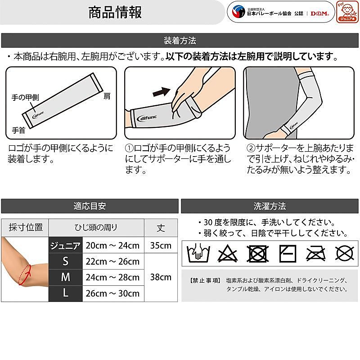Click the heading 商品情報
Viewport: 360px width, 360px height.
pyautogui.click(x=115, y=12)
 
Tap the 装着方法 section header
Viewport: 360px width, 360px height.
pyautogui.click(x=180, y=40)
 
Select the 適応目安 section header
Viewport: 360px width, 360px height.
pyautogui.click(x=90, y=206)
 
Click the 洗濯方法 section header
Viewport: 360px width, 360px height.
pyautogui.click(x=270, y=206)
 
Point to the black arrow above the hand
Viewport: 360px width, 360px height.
pyautogui.click(x=162, y=91)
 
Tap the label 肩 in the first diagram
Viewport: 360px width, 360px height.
pyautogui.click(x=107, y=96)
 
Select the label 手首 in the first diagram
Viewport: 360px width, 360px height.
pyautogui.click(x=18, y=130)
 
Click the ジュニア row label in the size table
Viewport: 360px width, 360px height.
pyautogui.click(x=65, y=246)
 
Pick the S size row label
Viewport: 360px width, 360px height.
pyautogui.click(x=65, y=261)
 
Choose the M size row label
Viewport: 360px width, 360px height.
pyautogui.click(x=65, y=278)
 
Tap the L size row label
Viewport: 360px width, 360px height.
pyautogui.click(x=65, y=293)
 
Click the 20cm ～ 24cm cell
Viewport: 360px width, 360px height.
pyautogui.click(x=113, y=246)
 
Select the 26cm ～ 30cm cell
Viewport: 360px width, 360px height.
pyautogui.click(x=113, y=293)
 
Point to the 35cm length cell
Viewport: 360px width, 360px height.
pyautogui.click(x=161, y=246)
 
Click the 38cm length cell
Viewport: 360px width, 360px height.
pyautogui.click(x=161, y=277)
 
